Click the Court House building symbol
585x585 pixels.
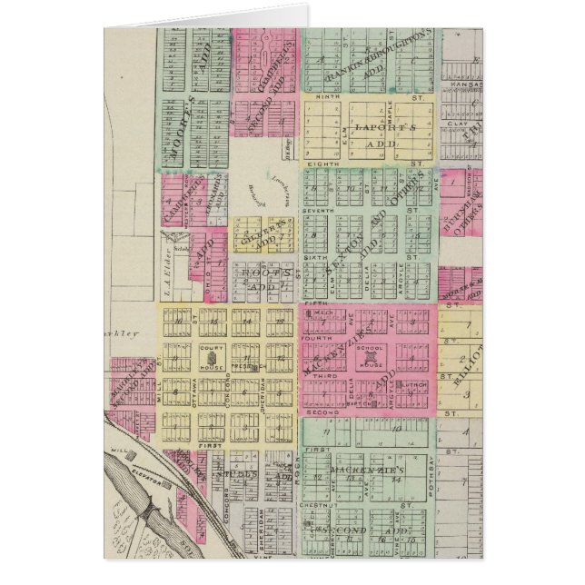[213, 361]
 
